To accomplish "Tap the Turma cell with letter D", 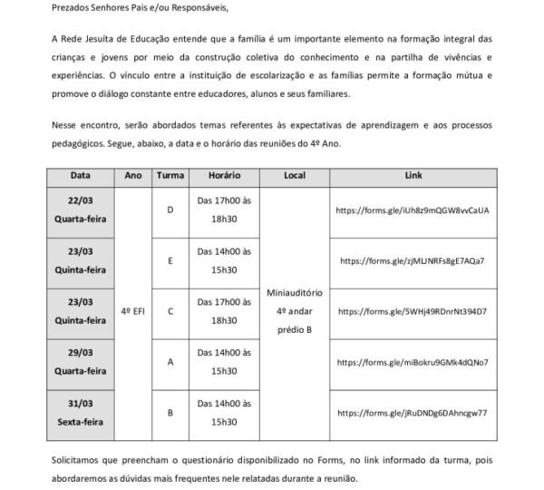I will click(171, 211).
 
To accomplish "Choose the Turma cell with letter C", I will click(171, 311).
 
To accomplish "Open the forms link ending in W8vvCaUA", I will click(413, 211).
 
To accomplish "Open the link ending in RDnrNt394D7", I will click(413, 311).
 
